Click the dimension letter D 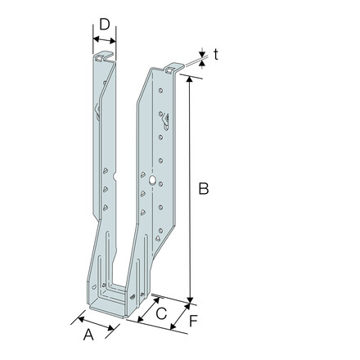point(105,25)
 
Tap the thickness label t point(216,55)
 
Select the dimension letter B point(204,189)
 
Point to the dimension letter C point(161,313)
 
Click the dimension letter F point(193,321)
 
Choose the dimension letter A point(88,335)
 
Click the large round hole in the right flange point(152,180)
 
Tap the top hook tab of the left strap point(103,56)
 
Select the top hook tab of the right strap point(174,68)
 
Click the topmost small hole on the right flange point(161,90)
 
